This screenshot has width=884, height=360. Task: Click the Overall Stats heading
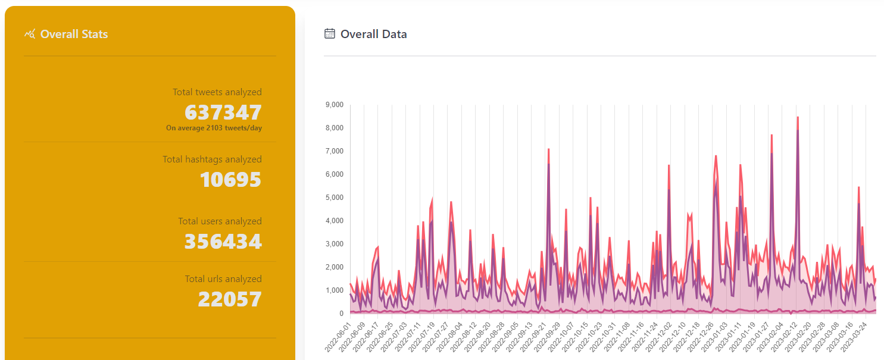point(74,35)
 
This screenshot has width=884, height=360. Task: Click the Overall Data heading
point(373,35)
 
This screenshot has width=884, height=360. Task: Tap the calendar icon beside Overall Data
point(330,33)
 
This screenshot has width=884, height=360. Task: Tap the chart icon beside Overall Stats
point(30,34)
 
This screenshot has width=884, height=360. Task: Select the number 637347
point(223,112)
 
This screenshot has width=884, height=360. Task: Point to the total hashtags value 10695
point(230,180)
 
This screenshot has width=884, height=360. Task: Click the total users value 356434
point(223,242)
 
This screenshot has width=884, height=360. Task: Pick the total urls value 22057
point(230,299)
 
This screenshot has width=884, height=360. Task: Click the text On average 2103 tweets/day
point(214,128)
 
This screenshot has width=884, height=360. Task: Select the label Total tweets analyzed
point(217,92)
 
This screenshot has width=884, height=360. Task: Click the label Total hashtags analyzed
point(212,159)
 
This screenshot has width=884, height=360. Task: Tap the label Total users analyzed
point(220,221)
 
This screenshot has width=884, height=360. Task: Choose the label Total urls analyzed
point(223,278)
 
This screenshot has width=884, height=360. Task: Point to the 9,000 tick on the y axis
point(335,105)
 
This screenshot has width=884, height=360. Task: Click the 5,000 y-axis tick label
point(335,197)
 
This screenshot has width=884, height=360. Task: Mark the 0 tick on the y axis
point(341,314)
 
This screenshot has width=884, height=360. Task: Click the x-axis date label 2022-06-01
point(338,337)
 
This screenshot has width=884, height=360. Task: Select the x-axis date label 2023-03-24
point(854,337)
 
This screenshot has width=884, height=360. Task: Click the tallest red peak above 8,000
point(798,117)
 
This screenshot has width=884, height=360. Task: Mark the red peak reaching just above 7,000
point(548,149)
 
